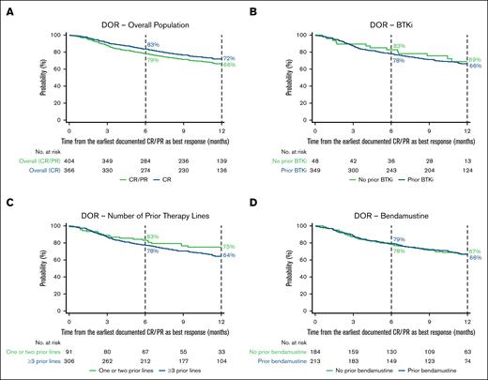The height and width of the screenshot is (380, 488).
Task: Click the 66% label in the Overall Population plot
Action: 228,65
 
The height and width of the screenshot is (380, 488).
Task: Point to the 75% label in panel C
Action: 228,246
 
